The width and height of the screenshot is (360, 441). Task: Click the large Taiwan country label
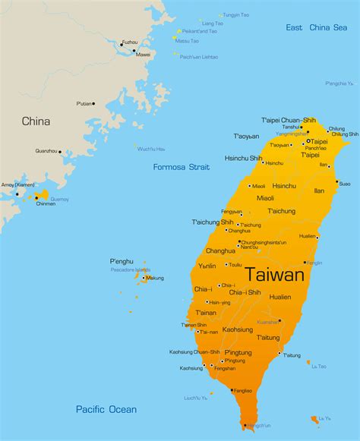(x=274, y=275)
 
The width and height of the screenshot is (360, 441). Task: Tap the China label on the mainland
(x=36, y=121)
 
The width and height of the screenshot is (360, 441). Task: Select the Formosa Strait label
(x=180, y=167)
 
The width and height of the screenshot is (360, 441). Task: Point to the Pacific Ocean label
(x=106, y=409)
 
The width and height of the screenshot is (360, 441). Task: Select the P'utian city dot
(x=93, y=103)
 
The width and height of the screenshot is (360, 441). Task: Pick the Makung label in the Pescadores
(x=155, y=278)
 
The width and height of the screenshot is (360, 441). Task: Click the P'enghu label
(x=122, y=261)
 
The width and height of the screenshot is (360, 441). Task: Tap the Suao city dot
(x=337, y=182)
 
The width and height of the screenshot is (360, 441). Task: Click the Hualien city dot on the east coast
(x=317, y=237)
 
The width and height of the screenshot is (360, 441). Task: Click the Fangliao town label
(x=242, y=390)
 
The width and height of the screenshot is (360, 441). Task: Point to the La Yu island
(x=314, y=419)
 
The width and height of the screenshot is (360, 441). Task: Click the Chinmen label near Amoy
(x=45, y=203)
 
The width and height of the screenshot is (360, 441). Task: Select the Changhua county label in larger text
(x=220, y=250)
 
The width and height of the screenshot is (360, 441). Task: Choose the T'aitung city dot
(x=280, y=352)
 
